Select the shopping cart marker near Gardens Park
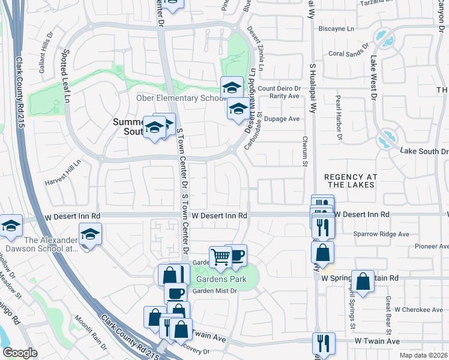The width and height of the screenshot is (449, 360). (x=221, y=257)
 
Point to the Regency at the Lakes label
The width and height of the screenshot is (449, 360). (x=350, y=181)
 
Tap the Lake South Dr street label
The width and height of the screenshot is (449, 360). (x=424, y=151)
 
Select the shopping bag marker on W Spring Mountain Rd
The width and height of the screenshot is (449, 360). (x=363, y=281)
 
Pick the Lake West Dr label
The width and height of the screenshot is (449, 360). (x=373, y=77)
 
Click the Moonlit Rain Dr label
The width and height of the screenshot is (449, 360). (x=91, y=333)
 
